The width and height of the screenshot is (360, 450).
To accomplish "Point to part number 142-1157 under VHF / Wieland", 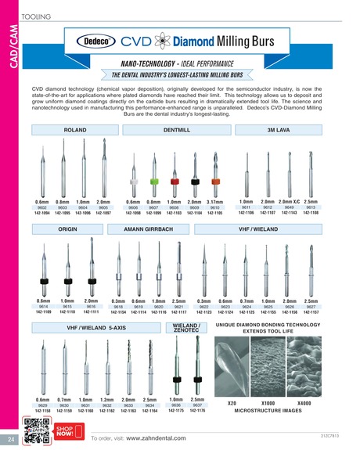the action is [x=311, y=311].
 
